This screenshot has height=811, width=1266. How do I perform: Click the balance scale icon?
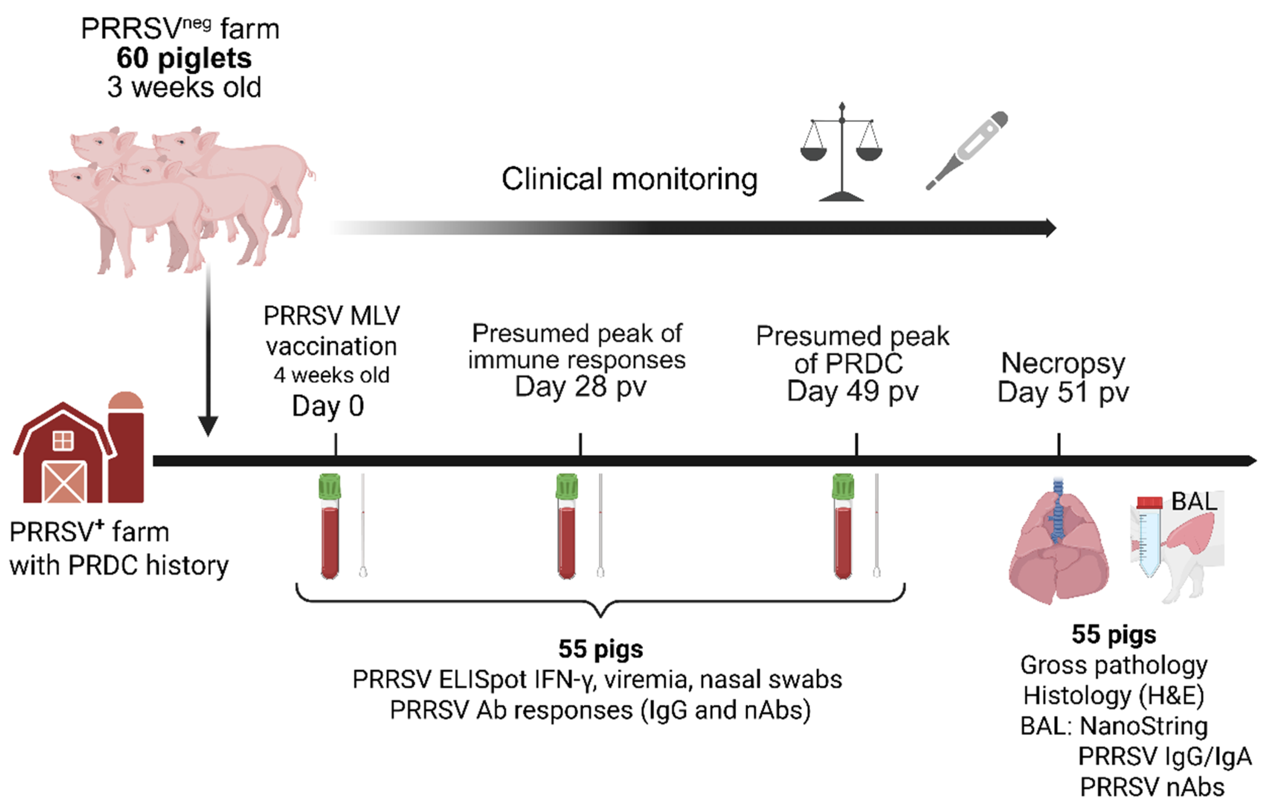[x=841, y=153]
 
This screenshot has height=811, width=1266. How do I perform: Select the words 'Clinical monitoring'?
[x=629, y=179]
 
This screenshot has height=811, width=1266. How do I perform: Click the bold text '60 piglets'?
[x=184, y=58]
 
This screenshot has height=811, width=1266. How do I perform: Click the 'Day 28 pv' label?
[x=580, y=387]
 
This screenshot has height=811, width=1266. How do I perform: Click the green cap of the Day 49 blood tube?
[x=843, y=486]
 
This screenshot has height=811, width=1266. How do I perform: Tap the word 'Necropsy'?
[x=1063, y=364]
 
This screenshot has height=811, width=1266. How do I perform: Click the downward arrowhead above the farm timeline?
[x=208, y=426]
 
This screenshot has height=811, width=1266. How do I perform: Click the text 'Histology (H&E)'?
[x=1113, y=695]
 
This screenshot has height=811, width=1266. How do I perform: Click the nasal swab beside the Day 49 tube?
[x=877, y=527]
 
